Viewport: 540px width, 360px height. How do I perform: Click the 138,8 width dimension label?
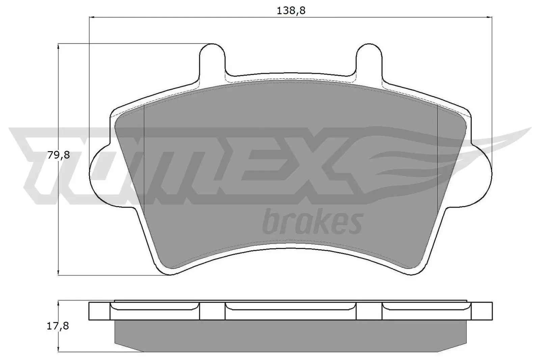(291, 11)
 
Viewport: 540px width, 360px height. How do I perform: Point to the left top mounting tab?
(212, 59)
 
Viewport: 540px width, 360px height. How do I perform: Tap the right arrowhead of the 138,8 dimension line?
(490, 17)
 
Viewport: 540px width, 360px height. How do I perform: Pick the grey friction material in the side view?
(290, 337)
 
